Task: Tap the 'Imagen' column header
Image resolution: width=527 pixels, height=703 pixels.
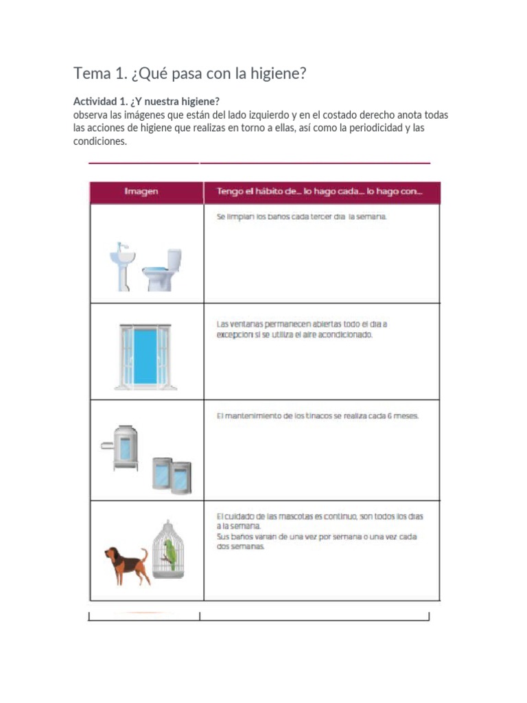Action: (x=141, y=192)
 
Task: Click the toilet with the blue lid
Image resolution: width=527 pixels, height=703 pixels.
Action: (x=163, y=270)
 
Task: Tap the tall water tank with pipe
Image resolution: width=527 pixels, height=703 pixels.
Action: (x=126, y=446)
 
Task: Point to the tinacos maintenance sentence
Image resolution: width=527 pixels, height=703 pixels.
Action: (x=317, y=416)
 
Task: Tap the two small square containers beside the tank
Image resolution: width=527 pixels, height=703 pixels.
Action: (x=172, y=475)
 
